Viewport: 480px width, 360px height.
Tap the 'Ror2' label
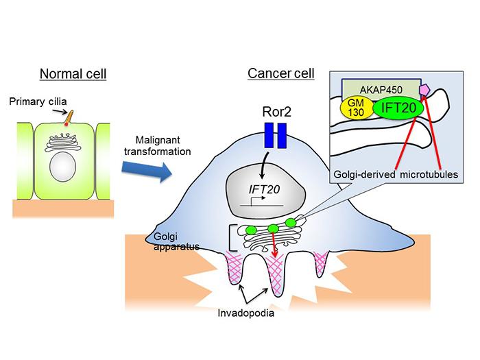[275, 110]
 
